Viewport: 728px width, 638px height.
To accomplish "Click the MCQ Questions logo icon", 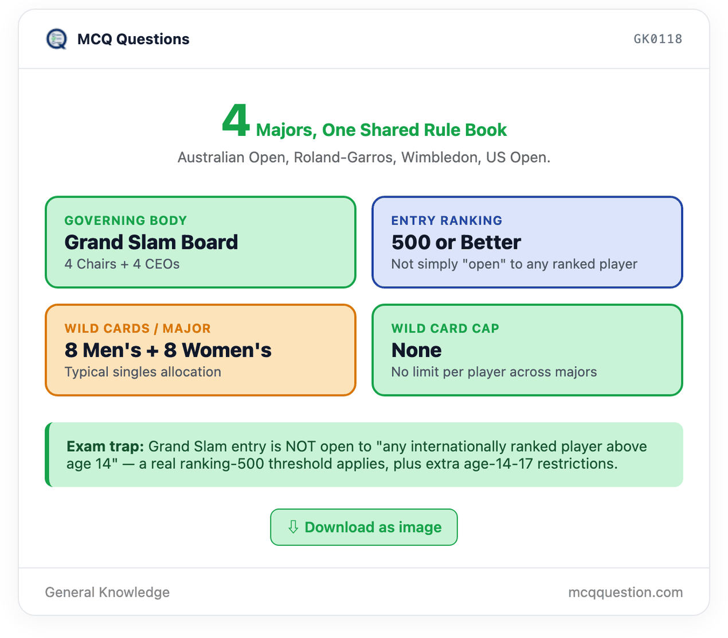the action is pos(56,39).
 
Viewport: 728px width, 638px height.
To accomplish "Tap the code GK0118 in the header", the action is pos(657,39).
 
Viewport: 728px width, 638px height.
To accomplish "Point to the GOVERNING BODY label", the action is pos(126,220).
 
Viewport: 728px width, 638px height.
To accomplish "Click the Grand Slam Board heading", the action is pos(151,242).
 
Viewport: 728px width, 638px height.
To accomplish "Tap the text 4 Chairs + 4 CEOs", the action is pos(122,264).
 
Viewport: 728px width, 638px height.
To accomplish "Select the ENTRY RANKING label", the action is pos(447,220).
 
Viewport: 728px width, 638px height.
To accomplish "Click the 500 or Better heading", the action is pos(456,242).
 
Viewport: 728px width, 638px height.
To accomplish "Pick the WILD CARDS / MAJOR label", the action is pos(138,328).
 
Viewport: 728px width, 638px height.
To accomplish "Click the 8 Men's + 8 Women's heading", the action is pos(168,350).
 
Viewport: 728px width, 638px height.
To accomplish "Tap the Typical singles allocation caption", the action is pos(143,372).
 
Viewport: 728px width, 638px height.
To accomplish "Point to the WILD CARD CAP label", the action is pos(445,328).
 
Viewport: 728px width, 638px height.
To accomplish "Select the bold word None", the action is pos(417,350).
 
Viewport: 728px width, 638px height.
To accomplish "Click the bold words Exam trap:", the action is pos(105,447).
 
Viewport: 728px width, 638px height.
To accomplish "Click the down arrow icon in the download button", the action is pos(293,527).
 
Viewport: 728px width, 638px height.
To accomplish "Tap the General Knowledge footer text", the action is pos(107,592).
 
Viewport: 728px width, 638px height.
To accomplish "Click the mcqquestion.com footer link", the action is pos(625,592).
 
